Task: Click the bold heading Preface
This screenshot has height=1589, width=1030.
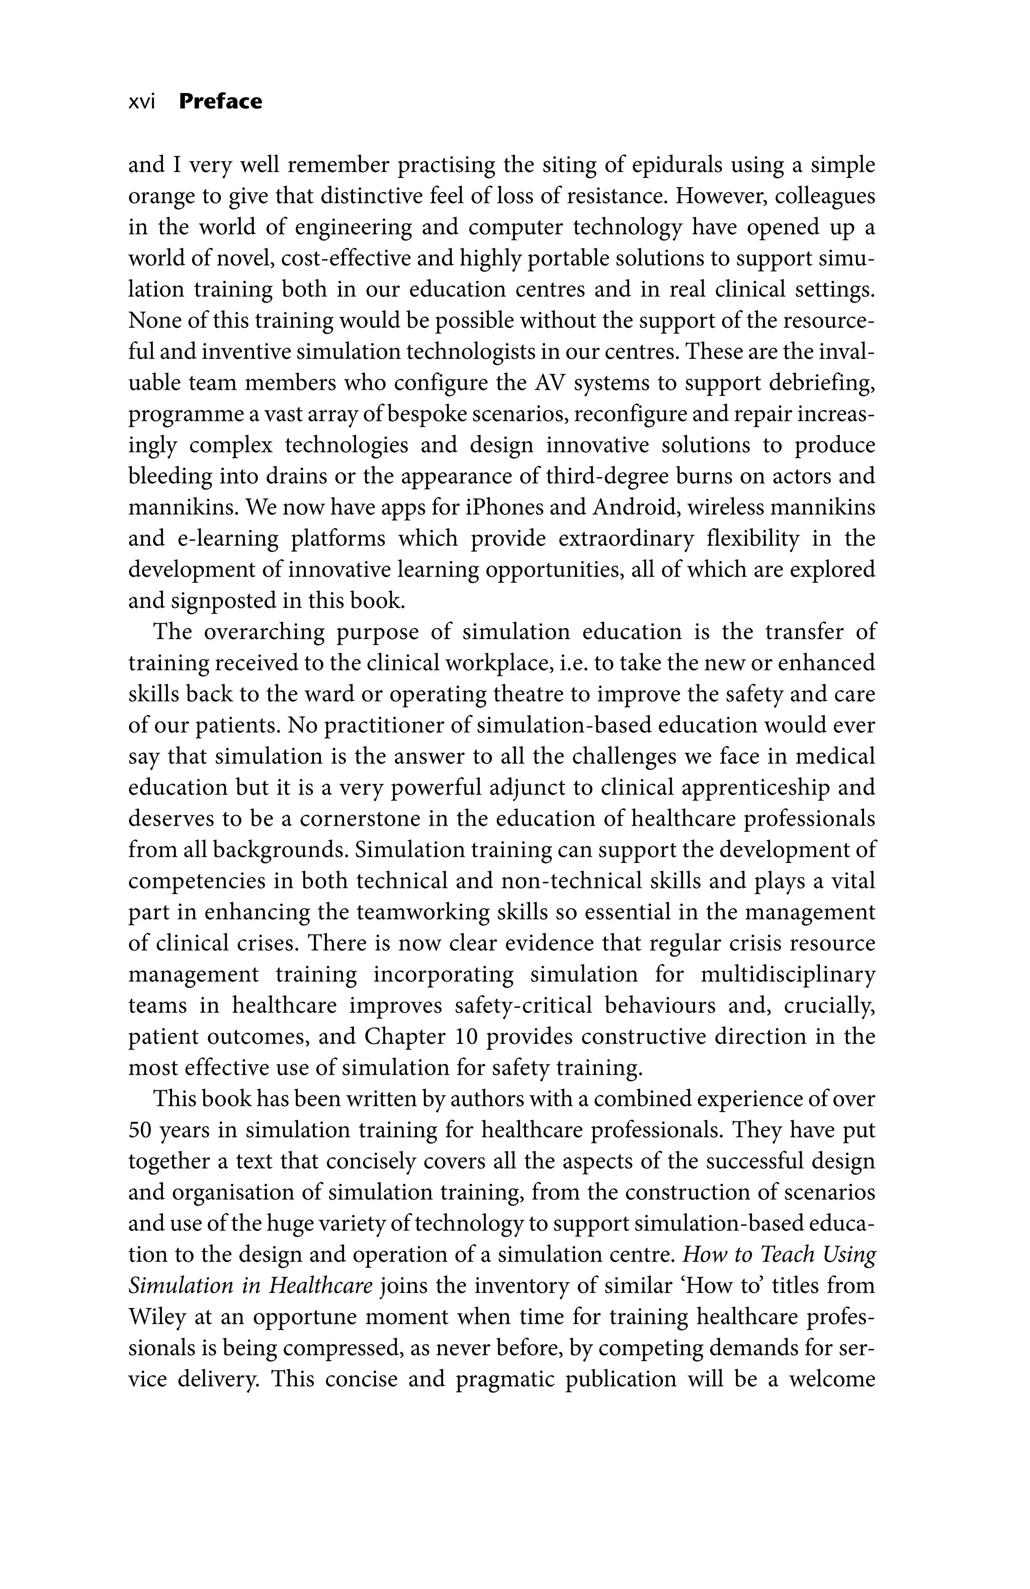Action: point(220,102)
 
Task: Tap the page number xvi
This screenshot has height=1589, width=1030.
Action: point(142,102)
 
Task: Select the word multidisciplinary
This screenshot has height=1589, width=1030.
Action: point(788,974)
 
